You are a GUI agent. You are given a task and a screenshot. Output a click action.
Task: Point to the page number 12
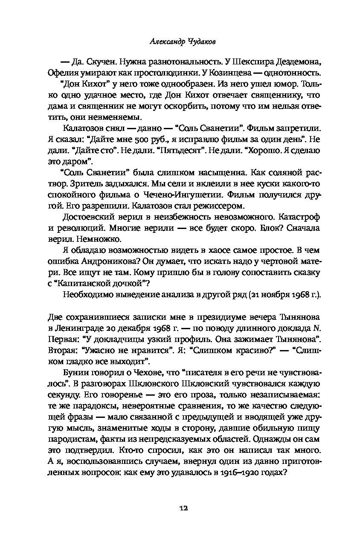coord(183,508)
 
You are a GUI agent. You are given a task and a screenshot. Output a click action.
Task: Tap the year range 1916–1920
coord(236,472)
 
